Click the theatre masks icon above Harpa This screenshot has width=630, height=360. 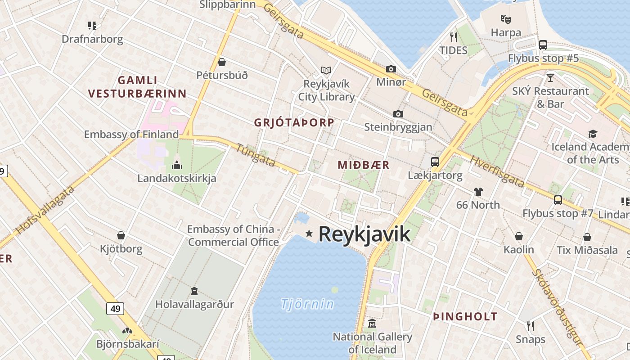point(506,19)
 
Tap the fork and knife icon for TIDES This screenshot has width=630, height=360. point(454,37)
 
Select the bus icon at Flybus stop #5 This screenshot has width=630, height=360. point(543,45)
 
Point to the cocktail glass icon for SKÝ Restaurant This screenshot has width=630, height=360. point(550,78)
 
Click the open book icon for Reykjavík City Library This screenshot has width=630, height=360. point(326,71)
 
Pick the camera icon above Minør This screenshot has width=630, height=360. point(391,69)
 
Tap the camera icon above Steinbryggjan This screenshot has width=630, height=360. point(398,114)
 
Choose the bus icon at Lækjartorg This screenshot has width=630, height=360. point(435,162)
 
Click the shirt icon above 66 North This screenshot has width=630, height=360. point(478,192)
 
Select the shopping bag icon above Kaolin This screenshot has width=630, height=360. point(519,236)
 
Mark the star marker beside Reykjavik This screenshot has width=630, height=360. point(309,233)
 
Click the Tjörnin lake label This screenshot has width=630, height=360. point(307,304)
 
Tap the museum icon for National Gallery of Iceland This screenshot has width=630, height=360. point(372,324)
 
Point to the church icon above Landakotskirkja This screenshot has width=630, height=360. point(177,165)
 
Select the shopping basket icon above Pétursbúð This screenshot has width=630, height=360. point(222,62)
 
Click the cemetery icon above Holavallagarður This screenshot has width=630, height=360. point(194,291)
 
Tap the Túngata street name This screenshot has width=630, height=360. point(255,155)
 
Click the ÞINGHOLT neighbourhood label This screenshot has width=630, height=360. point(465,316)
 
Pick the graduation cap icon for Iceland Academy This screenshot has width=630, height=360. point(593,134)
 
